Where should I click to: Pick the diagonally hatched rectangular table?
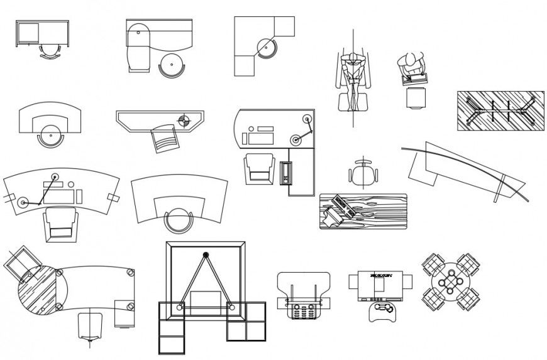[499, 111]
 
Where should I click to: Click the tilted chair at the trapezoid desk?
[165, 138]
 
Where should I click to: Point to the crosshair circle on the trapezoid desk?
[184, 120]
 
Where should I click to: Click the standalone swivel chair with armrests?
[363, 173]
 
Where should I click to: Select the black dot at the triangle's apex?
[206, 255]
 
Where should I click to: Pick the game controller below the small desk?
[381, 310]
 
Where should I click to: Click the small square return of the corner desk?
[284, 26]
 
